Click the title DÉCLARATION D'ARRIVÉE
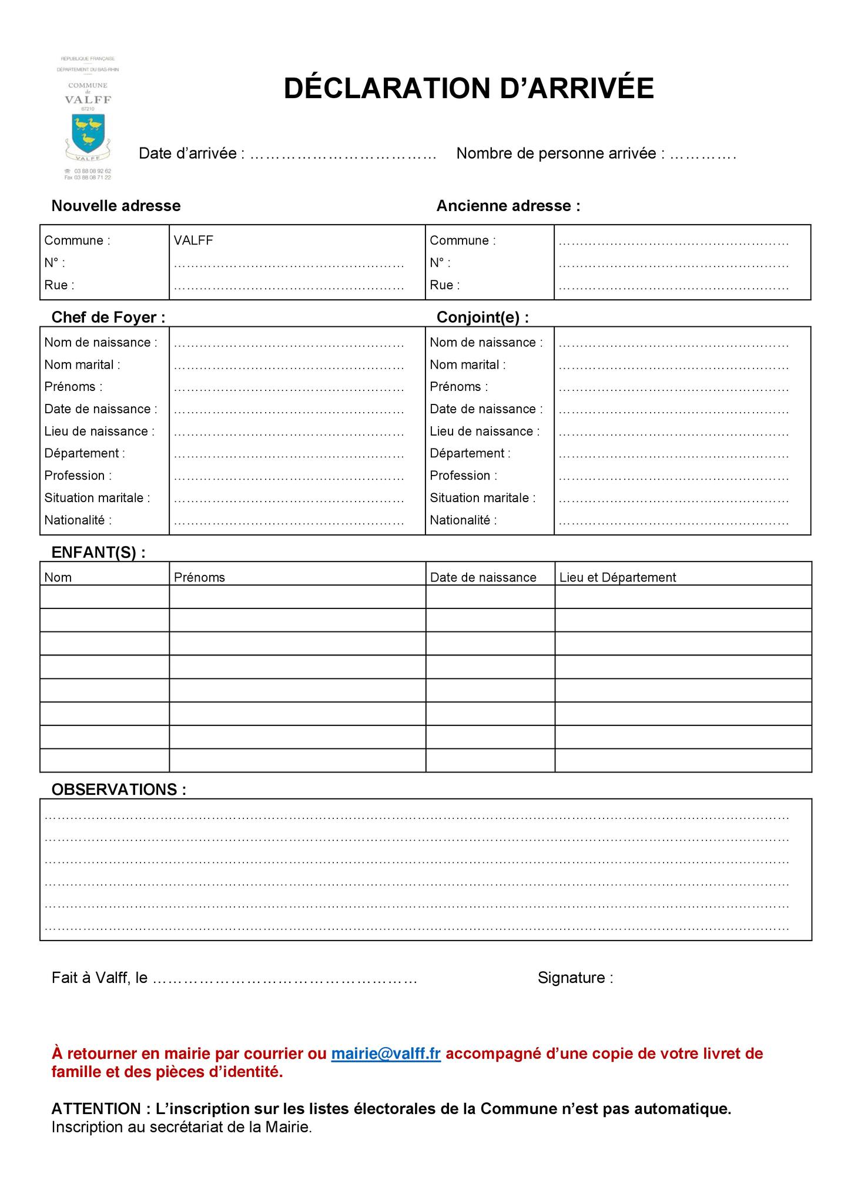coord(468,88)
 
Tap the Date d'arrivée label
coord(191,153)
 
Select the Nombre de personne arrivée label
coord(561,153)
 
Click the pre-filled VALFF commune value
coord(193,240)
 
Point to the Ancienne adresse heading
coord(508,206)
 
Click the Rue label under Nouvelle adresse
coord(59,285)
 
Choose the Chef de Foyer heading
coord(108,317)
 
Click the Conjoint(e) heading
coord(483,317)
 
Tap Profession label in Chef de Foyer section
coord(78,476)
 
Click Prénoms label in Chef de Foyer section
coord(73,387)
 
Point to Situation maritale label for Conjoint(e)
coord(483,498)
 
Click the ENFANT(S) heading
coord(98,553)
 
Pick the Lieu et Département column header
coord(617,577)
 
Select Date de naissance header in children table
coord(483,577)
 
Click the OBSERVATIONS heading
coord(119,790)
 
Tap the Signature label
coord(575,978)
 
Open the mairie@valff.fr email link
coord(386,1053)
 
